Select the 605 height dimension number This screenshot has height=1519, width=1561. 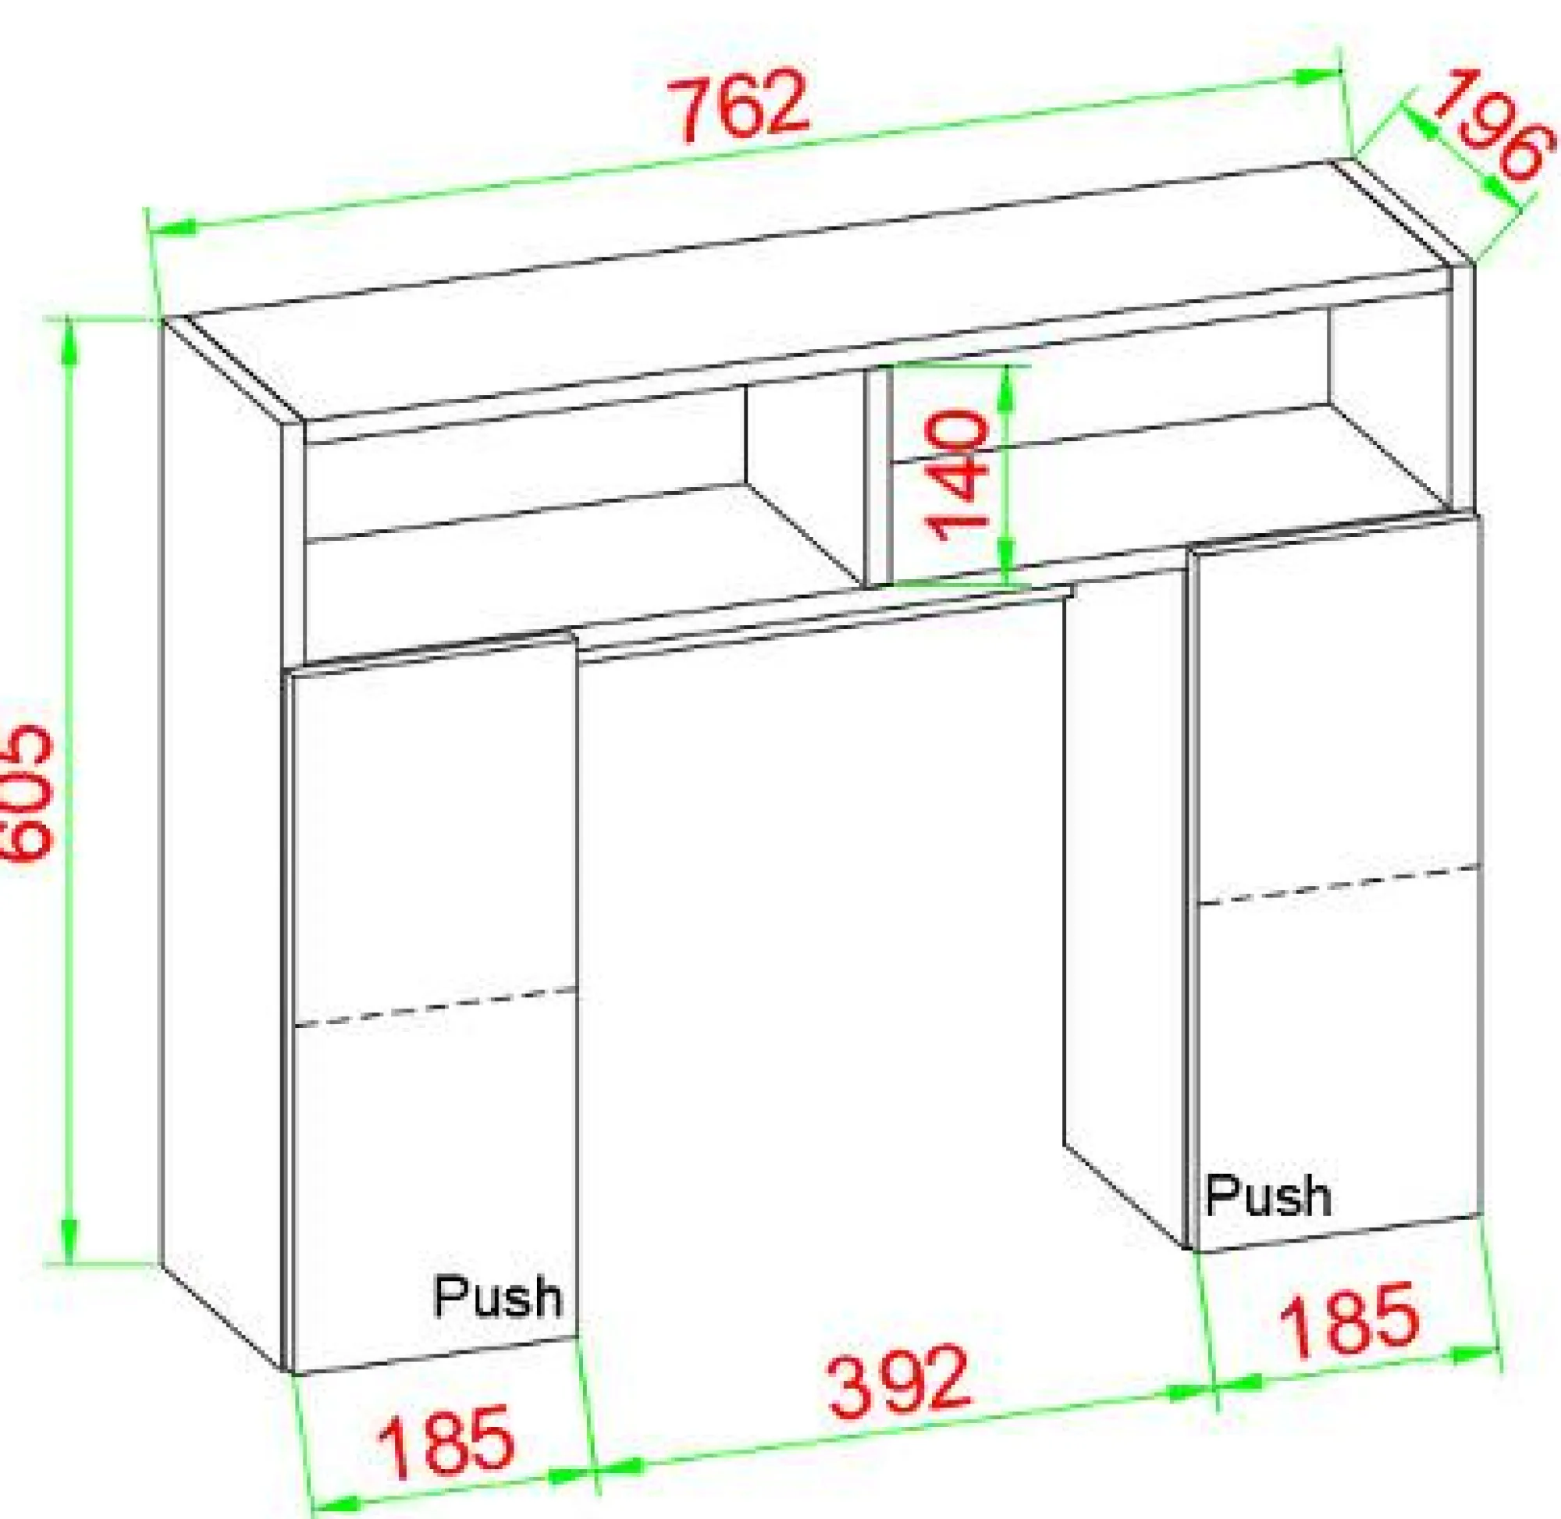[x=25, y=793]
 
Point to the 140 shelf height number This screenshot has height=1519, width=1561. [x=956, y=474]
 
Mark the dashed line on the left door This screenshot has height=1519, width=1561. [x=436, y=1007]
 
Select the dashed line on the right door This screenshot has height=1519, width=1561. [x=1339, y=884]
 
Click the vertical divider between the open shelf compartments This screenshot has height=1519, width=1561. [x=877, y=478]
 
